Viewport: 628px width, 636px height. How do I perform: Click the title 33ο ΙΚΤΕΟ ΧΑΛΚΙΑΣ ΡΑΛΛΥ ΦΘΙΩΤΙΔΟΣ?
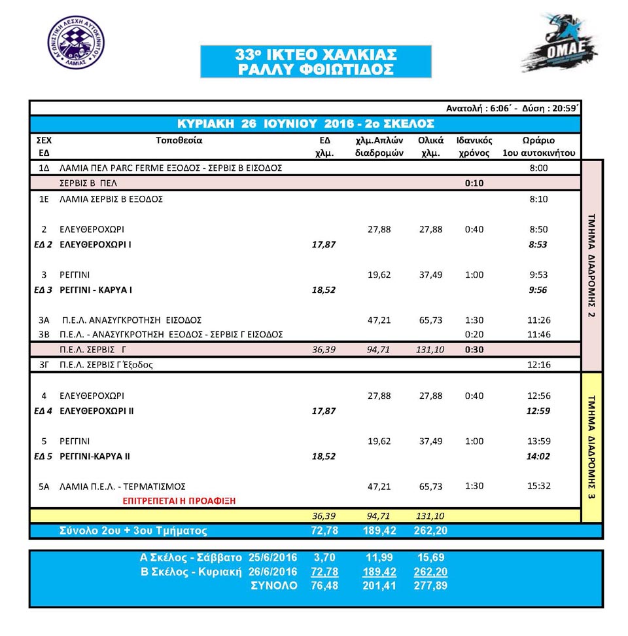pos(316,62)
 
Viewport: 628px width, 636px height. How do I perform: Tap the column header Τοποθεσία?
pos(179,140)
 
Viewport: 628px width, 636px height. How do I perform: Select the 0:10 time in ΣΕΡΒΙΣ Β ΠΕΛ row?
pos(474,183)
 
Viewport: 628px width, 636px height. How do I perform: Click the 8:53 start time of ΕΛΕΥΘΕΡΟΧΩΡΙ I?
pos(538,244)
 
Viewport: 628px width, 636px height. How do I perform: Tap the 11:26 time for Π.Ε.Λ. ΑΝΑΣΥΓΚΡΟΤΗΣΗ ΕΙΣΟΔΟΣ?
pos(538,320)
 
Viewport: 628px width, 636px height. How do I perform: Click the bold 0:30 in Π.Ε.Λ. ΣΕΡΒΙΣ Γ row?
pos(474,350)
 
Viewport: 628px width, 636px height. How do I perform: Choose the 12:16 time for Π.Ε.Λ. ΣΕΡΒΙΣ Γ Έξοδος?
pos(538,365)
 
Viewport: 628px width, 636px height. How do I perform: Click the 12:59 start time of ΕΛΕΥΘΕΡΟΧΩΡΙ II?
pos(538,411)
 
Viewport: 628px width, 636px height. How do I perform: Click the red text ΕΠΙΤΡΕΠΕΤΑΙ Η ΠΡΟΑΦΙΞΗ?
pos(180,500)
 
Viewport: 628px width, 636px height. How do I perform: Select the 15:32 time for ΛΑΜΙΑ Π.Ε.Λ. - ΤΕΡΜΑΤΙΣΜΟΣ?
pos(538,486)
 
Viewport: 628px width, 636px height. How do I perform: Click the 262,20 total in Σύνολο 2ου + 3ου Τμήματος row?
pos(430,531)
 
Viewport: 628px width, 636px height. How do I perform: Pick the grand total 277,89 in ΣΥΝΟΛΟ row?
pos(430,586)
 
